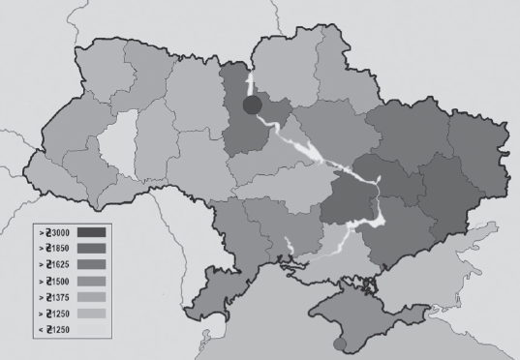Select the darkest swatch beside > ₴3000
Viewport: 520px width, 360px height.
tap(89, 233)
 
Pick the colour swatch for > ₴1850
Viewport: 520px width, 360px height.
tap(89, 249)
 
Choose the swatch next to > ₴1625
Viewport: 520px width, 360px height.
tap(89, 265)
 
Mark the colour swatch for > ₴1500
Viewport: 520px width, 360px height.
tap(89, 282)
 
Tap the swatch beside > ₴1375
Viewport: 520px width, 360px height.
tap(89, 298)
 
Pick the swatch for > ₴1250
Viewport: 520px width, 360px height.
tap(89, 315)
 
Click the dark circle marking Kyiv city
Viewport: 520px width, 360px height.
tap(252, 105)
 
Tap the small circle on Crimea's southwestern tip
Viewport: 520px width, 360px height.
tap(337, 344)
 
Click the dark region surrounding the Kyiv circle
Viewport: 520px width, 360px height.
tap(237, 131)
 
